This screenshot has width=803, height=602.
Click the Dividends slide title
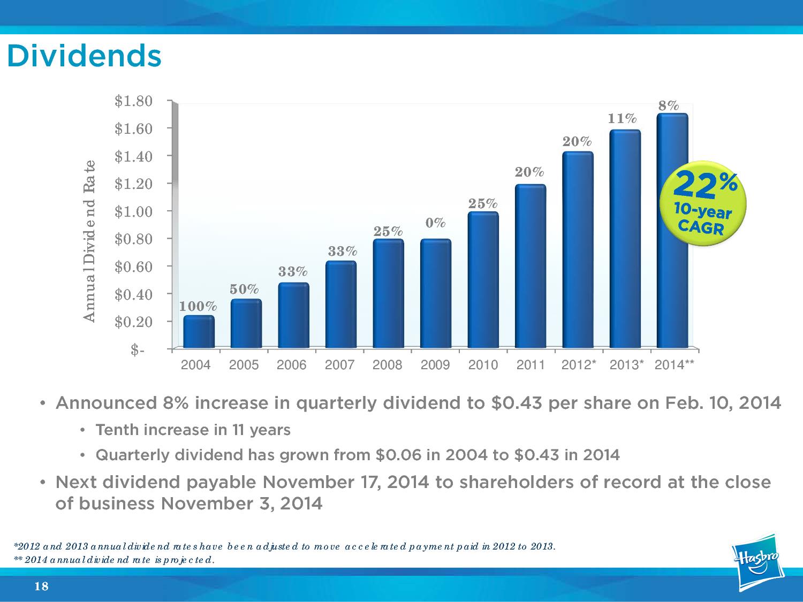click(x=84, y=56)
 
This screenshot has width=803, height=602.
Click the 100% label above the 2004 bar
click(x=198, y=307)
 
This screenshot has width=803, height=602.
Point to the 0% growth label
click(x=436, y=222)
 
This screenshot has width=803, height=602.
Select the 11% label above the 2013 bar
click(x=623, y=118)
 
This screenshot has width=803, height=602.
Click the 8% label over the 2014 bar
click(x=669, y=105)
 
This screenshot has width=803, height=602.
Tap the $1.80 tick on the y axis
click(x=134, y=101)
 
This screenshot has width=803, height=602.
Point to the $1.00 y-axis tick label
click(x=134, y=211)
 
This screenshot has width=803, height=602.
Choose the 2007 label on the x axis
click(x=340, y=365)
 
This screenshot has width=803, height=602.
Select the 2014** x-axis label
click(x=675, y=365)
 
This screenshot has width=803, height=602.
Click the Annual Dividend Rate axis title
click(x=89, y=241)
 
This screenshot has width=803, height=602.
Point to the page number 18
click(x=41, y=587)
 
